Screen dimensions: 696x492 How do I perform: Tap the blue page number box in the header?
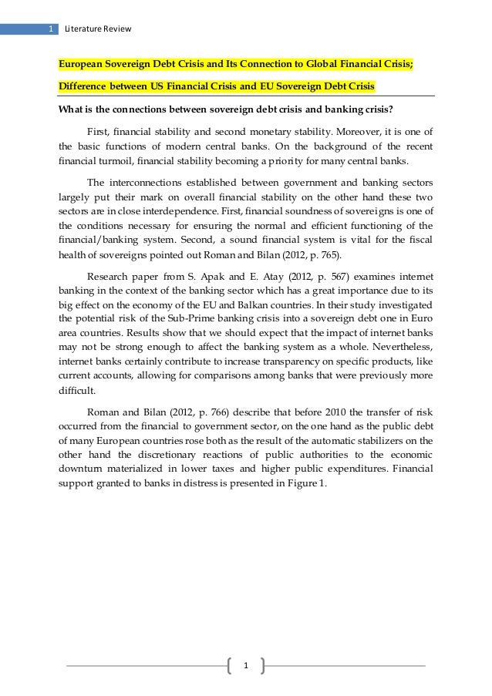[49, 30]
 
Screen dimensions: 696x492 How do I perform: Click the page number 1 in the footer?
[246, 665]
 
